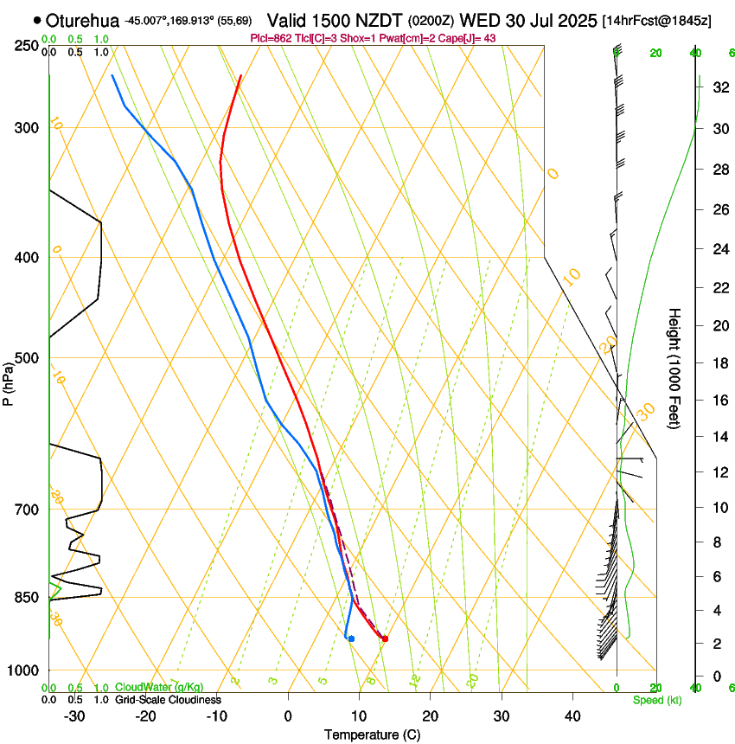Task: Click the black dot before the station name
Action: tap(37, 19)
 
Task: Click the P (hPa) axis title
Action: tap(9, 382)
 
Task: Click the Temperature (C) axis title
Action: tap(371, 734)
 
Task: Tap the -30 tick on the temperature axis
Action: tap(74, 716)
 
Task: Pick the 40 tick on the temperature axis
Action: tap(572, 716)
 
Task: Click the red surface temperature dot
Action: tap(385, 639)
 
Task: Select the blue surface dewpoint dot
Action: tap(351, 638)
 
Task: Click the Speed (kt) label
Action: tap(657, 700)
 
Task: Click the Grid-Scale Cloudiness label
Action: tap(168, 700)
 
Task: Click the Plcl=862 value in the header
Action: tap(272, 39)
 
